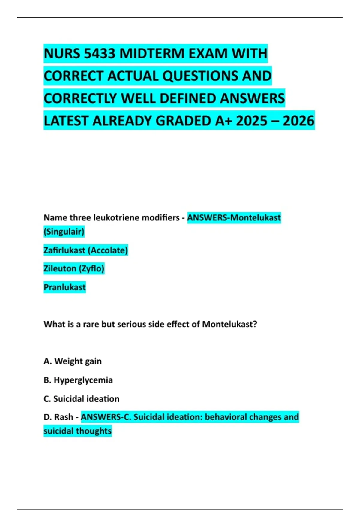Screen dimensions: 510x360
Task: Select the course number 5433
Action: (x=100, y=54)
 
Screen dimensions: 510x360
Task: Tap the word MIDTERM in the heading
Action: (x=152, y=54)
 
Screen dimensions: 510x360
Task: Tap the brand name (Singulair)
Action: (x=64, y=232)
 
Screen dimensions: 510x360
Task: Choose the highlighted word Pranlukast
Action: (x=65, y=287)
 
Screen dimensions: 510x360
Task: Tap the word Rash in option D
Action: (x=64, y=417)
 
